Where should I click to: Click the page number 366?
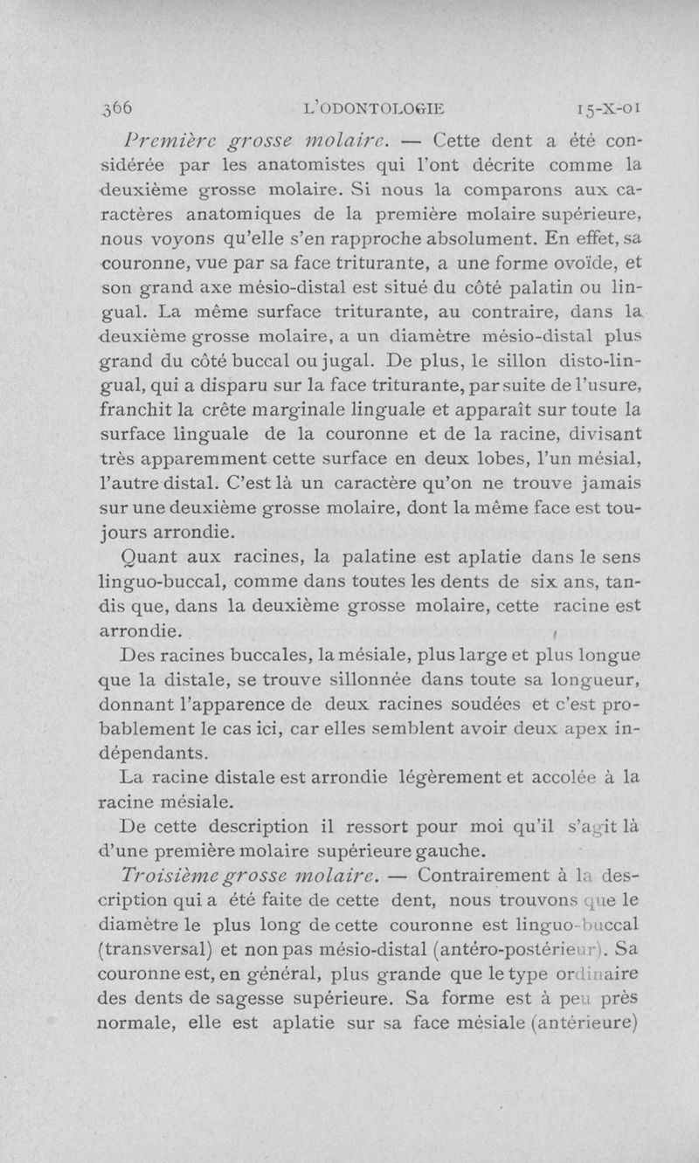pyautogui.click(x=116, y=108)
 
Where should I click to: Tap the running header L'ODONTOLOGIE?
pyautogui.click(x=373, y=109)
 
